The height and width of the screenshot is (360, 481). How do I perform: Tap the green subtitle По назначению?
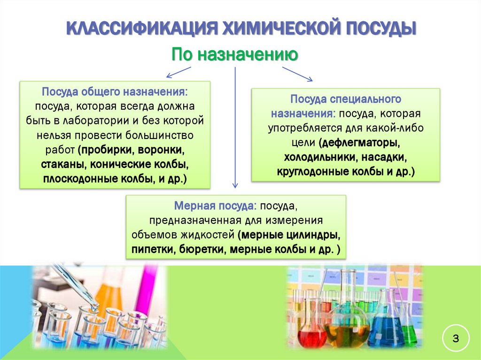click(x=234, y=54)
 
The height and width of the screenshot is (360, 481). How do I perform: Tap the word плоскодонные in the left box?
click(x=75, y=180)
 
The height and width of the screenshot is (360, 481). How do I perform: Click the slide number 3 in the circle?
click(x=455, y=337)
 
